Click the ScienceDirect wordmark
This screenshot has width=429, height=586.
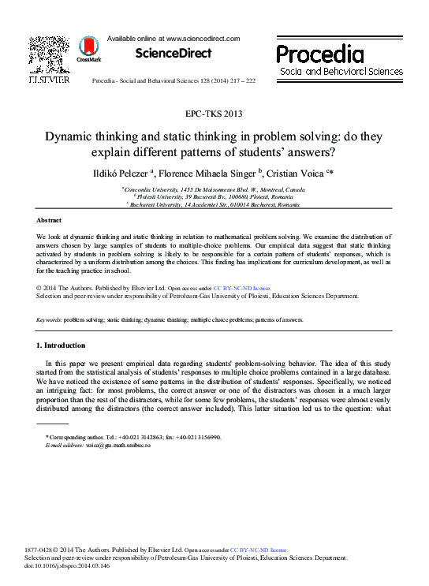click(x=173, y=54)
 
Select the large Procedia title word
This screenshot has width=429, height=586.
click(x=320, y=54)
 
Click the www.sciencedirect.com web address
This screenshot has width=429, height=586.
click(x=200, y=38)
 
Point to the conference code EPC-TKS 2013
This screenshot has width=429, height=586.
click(x=214, y=114)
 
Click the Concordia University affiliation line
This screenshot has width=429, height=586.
click(x=214, y=189)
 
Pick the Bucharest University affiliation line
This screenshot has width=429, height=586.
click(x=214, y=204)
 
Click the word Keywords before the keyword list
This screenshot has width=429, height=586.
click(x=50, y=319)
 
